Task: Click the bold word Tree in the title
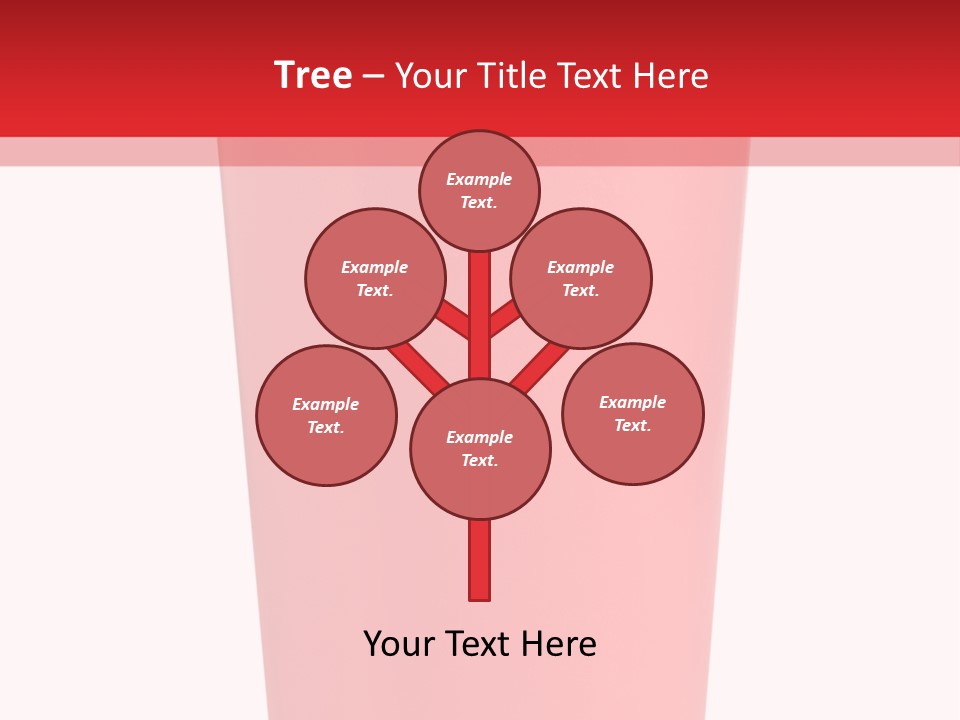coord(313,76)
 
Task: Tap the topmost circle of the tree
coord(479,191)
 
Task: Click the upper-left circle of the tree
coord(375,279)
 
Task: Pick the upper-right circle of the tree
coord(581,279)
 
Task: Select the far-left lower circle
coord(326,416)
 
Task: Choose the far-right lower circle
coord(632,414)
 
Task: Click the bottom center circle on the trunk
coord(480,449)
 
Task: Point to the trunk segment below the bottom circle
coord(480,559)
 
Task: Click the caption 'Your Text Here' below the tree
coord(480,644)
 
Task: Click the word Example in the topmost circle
coord(479,180)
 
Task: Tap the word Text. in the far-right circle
coord(632,426)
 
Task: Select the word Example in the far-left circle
coord(326,405)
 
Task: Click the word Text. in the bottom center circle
coord(479,461)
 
